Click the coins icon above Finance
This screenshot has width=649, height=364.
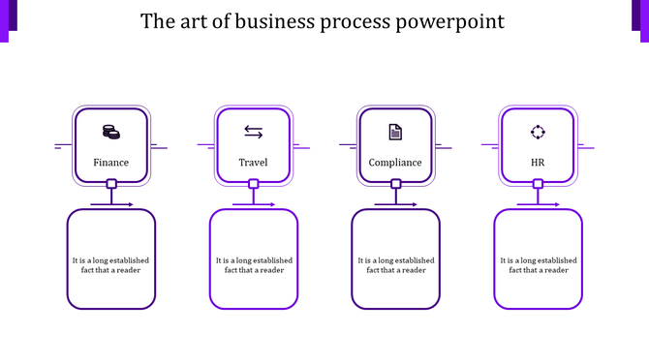pos(110,132)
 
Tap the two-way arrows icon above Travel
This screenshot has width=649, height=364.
pos(253,132)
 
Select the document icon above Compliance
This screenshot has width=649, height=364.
pos(395,132)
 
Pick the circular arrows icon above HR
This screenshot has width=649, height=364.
pos(538,132)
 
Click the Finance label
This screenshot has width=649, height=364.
pos(110,163)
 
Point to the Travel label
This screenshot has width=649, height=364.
pos(253,163)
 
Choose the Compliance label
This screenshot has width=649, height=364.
pos(395,163)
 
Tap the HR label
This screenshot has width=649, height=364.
pos(538,163)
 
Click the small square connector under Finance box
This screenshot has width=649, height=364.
pos(111,184)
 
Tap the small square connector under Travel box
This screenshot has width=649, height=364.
pos(254,184)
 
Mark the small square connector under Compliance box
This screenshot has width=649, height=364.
pos(396,184)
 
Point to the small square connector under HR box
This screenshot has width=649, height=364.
pos(539,184)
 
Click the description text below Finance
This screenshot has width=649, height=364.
pos(110,265)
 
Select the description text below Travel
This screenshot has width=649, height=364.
pos(253,265)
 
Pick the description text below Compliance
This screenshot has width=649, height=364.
pos(395,265)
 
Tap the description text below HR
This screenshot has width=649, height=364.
pos(538,265)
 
